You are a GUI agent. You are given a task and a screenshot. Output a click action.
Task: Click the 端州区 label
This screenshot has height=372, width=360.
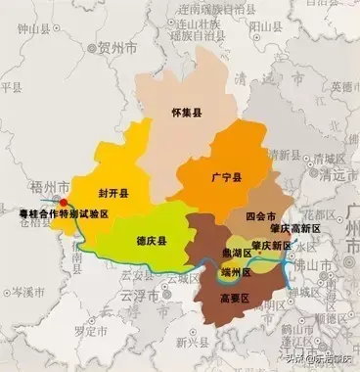(241, 274)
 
